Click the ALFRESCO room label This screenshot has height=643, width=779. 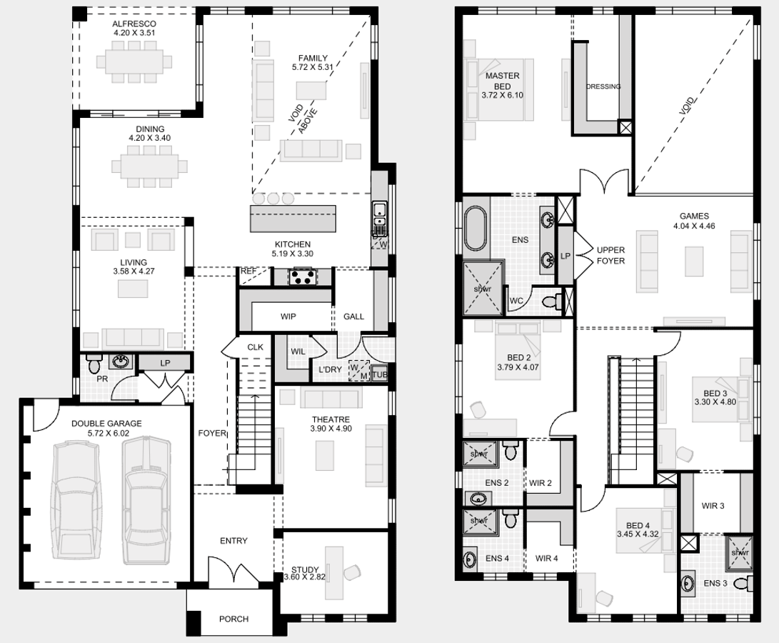point(134,24)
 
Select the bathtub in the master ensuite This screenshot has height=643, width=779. point(476,229)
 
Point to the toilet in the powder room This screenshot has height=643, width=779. point(94,364)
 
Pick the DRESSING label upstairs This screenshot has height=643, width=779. point(603,86)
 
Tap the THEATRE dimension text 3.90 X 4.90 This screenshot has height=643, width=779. point(331,428)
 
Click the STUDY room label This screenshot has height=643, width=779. point(305,569)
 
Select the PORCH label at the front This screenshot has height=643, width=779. point(233,619)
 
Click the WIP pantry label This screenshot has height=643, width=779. point(288,316)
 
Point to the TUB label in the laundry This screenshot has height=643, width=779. point(380,374)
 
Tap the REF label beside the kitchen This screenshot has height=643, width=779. point(248,271)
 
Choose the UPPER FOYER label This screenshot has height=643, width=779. point(610,255)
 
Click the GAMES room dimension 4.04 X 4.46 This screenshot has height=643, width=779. point(694,226)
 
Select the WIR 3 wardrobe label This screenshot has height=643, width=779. point(713,506)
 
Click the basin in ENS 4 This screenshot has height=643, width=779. point(470,559)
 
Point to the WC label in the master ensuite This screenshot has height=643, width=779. point(516,301)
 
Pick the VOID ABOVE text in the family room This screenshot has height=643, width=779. point(303,119)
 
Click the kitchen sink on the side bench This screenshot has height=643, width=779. point(380,214)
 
